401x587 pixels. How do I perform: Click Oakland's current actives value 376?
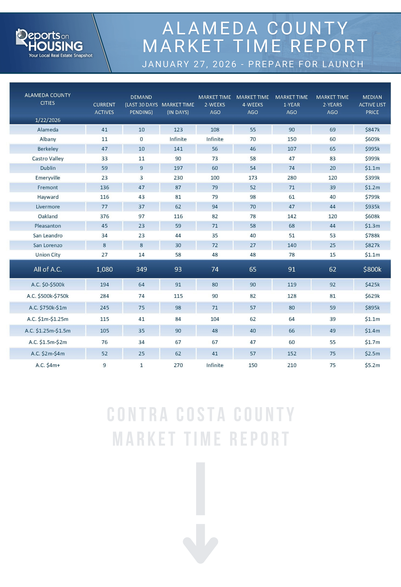pos(104,216)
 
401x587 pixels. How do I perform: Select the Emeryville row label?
pos(48,178)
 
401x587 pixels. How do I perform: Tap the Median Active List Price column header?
pos(372,105)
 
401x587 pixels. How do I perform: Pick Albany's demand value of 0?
pos(141,139)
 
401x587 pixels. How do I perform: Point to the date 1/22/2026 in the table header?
pos(48,120)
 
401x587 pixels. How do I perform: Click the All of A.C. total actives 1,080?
pos(104,269)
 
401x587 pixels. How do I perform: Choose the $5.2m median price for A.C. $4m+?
pos(372,365)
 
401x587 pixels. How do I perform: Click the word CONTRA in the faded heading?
pos(138,414)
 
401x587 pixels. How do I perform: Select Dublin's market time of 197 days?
pos(178,168)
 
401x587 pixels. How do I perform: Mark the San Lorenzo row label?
pos(48,245)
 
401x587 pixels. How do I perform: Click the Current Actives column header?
pos(104,108)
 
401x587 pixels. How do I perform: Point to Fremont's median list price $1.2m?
pos(372,187)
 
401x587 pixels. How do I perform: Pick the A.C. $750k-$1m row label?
pos(48,308)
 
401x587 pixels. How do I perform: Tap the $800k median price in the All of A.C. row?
pos(372,269)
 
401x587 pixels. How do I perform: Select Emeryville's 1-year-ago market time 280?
pos(292,178)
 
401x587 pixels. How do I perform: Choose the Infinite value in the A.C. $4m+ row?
pos(215,365)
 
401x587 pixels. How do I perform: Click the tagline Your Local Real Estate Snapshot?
pos(61,55)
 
